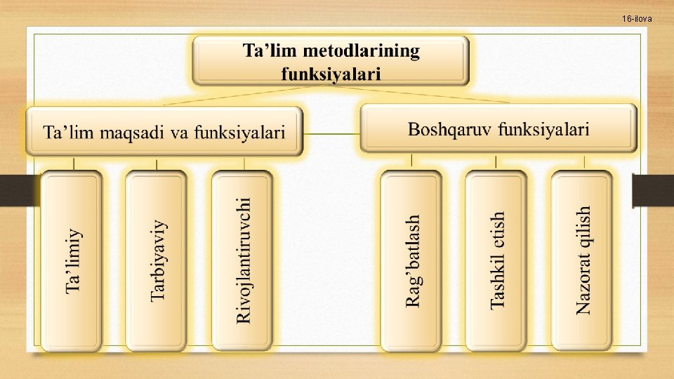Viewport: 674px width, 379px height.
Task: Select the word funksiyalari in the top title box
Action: [331, 73]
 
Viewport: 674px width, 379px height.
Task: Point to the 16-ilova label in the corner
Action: [636, 19]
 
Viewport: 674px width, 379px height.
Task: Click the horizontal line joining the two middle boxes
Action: [331, 133]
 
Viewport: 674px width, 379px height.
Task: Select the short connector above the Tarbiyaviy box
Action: [156, 164]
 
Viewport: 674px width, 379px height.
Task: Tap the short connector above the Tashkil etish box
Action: [496, 162]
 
